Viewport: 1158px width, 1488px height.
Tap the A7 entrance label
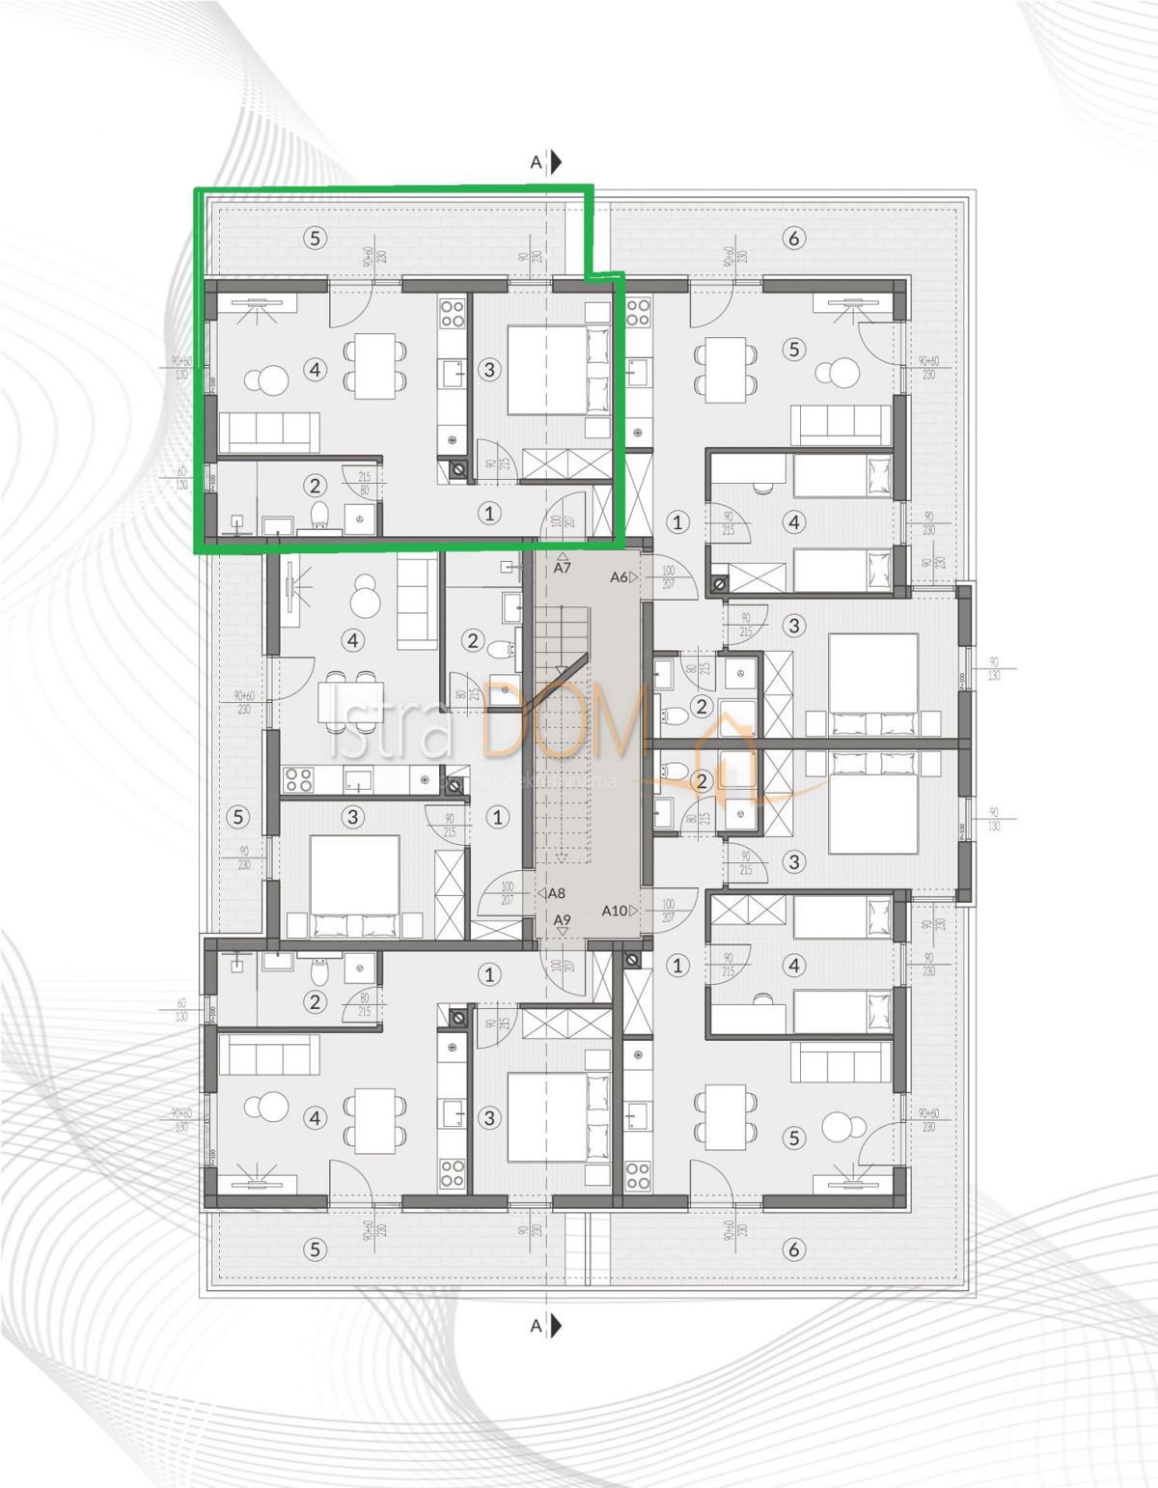tap(563, 568)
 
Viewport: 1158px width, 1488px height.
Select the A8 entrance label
tap(556, 894)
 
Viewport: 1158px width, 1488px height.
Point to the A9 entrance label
tap(563, 919)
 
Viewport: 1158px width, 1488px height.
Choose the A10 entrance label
tap(615, 911)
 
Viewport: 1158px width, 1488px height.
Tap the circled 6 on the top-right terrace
tap(793, 238)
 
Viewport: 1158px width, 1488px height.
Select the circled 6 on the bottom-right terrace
tap(793, 1249)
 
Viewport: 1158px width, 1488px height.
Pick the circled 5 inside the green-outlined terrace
tap(315, 238)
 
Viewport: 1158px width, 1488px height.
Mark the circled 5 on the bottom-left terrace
tap(315, 1249)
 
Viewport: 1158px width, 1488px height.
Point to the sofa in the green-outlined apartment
tap(270, 431)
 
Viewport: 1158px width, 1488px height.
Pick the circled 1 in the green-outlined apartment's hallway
tap(489, 514)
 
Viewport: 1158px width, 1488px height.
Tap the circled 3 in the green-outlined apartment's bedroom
tap(489, 369)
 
